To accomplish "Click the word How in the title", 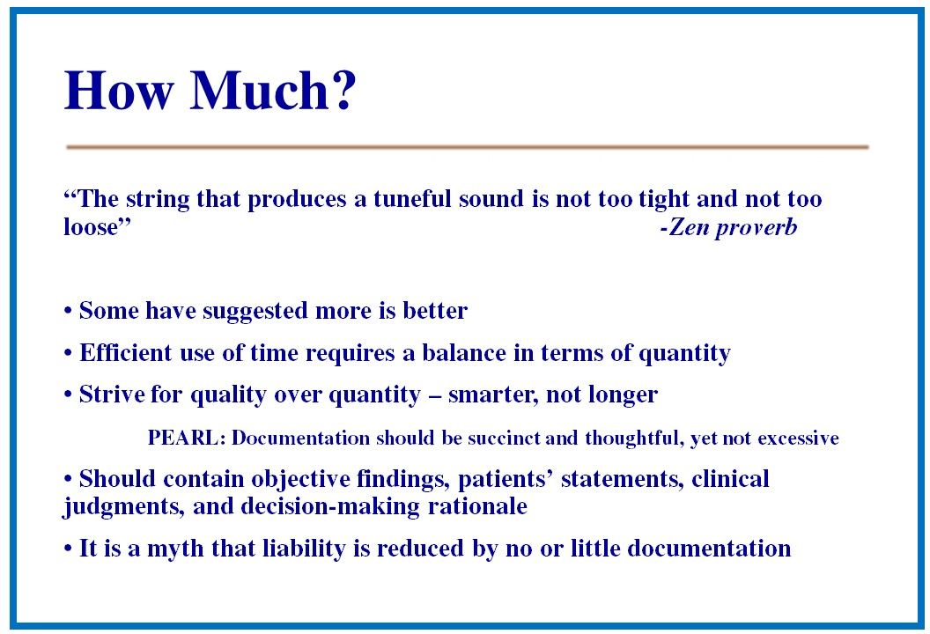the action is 119,90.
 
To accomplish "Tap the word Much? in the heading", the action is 273,90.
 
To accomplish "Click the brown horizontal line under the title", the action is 468,146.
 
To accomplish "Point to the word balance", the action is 464,353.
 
